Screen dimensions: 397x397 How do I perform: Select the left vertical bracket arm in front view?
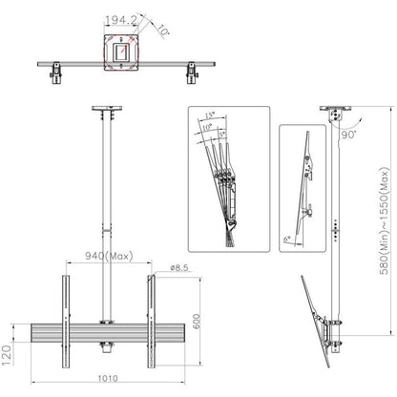(67, 315)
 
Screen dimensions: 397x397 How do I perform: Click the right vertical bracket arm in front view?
(153, 315)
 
